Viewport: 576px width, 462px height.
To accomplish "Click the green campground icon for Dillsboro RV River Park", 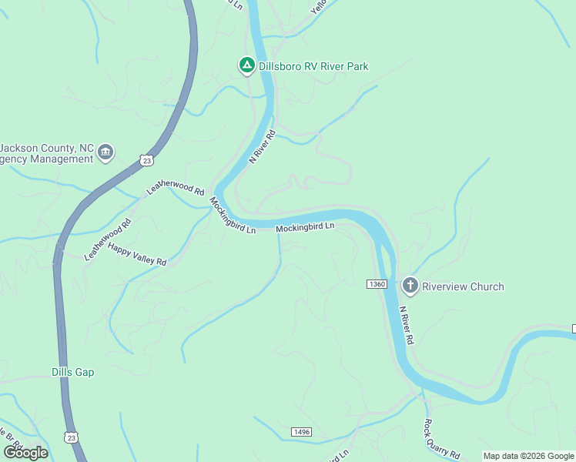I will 246,66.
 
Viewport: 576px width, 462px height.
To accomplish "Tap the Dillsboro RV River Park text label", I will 313,67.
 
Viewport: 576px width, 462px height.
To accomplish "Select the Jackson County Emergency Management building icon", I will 106,152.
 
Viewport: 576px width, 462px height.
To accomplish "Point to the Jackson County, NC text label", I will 47,148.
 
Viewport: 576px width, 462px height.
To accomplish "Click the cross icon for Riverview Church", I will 410,286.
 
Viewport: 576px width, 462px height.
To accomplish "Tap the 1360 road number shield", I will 377,284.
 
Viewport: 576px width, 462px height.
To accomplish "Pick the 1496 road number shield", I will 301,432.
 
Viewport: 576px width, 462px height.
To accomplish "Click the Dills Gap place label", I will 72,372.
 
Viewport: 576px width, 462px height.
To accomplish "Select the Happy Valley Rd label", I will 137,254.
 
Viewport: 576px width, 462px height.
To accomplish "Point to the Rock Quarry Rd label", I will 441,439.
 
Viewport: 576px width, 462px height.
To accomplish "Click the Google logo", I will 25,452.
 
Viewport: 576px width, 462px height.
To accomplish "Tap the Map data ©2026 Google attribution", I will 528,456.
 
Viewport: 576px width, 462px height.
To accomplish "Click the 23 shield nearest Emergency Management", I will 146,159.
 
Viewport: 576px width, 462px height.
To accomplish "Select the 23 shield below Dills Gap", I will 72,437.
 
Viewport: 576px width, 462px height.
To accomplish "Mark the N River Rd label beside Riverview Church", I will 407,326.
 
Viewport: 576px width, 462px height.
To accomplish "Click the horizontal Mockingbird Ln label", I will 305,227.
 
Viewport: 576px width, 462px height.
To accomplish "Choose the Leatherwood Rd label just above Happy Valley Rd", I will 108,237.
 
